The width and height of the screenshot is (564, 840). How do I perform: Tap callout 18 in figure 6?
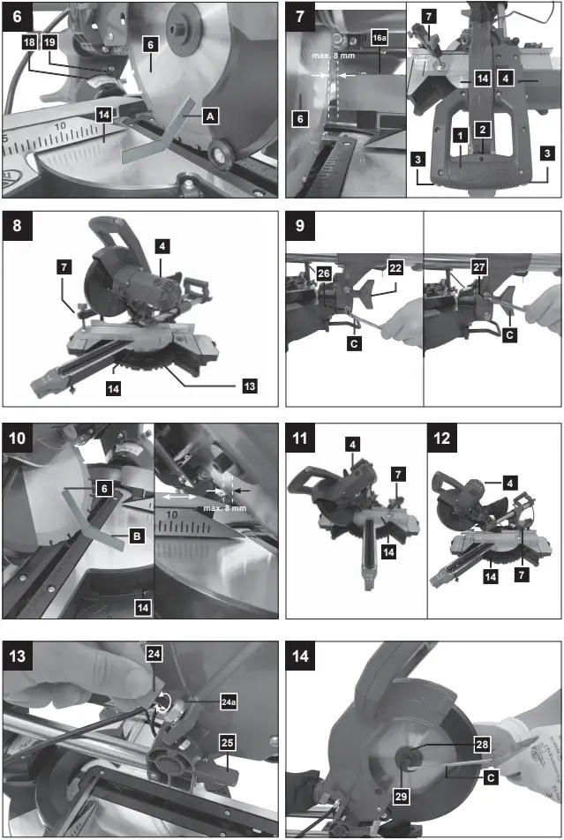29,42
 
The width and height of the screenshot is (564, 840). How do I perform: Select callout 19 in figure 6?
49,42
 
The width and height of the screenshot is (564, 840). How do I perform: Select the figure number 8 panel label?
18,227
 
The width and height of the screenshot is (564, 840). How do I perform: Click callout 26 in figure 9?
297,274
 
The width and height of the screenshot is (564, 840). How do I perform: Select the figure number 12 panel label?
442,438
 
